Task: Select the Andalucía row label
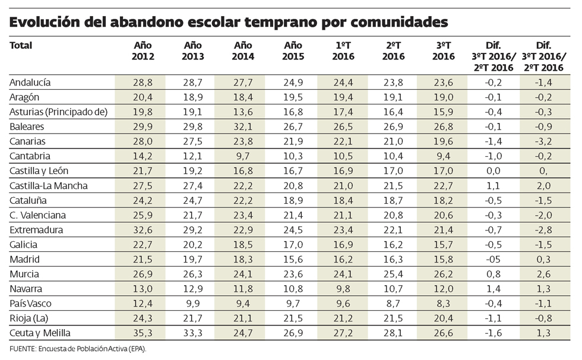[x=30, y=82]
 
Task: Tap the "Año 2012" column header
[x=143, y=50]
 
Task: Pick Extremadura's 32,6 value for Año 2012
[x=143, y=230]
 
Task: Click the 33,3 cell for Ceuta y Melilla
[x=194, y=333]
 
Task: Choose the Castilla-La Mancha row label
[x=49, y=185]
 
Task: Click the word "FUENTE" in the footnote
[x=20, y=349]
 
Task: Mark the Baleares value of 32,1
[x=243, y=127]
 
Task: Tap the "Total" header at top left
[x=21, y=45]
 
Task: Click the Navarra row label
[x=26, y=289]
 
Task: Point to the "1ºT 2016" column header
[x=344, y=50]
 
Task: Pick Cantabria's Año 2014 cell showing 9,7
[x=243, y=156]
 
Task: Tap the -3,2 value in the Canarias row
[x=543, y=141]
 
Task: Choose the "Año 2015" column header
[x=293, y=50]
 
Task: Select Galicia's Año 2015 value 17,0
[x=293, y=245]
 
